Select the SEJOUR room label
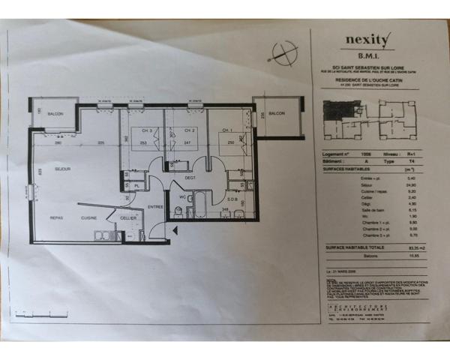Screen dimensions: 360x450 [x=62, y=169]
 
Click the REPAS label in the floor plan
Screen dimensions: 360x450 [x=56, y=217]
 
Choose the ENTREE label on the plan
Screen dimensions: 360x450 [x=155, y=205]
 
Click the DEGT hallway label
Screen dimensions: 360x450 [x=190, y=178]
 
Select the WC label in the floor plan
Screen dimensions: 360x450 [x=182, y=198]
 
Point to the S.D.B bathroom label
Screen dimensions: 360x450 [x=232, y=199]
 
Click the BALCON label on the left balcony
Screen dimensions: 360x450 [x=56, y=113]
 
